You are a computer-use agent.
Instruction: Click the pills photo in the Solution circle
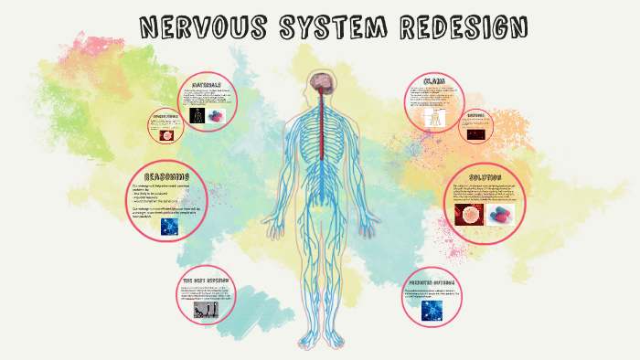click(x=500, y=214)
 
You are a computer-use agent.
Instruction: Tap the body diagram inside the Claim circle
click(x=432, y=117)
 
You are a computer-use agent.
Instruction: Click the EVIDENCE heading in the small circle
click(x=477, y=117)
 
